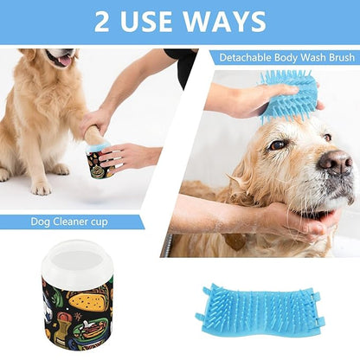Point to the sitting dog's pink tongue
pyautogui.click(x=63, y=61)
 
